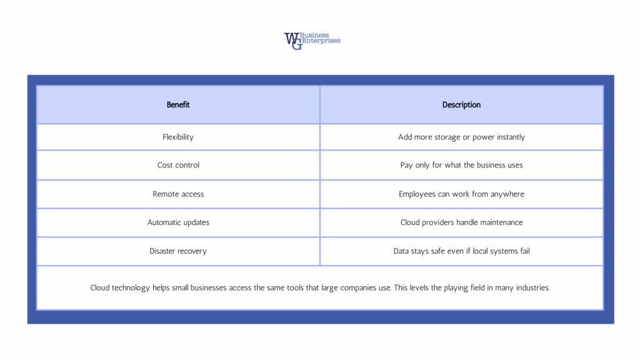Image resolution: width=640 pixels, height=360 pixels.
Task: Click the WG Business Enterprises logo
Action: coord(312,41)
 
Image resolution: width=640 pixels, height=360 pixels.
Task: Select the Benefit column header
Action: coord(178,105)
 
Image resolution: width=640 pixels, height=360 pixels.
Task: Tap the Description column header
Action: coord(461,105)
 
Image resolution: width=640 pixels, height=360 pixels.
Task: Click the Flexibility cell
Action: coord(178,137)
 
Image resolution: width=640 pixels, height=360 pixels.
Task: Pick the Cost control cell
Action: coord(178,165)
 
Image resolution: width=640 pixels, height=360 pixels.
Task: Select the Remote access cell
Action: coord(178,194)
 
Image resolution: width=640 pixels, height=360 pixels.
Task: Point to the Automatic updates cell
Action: coord(178,222)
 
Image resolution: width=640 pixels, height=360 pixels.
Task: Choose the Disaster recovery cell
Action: coord(178,251)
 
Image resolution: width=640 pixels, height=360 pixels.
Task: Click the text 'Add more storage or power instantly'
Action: coord(461,137)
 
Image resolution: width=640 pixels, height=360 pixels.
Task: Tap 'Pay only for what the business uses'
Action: coord(461,165)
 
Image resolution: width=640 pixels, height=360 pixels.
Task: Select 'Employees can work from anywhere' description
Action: coord(461,194)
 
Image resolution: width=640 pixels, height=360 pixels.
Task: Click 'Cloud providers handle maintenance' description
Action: coord(461,222)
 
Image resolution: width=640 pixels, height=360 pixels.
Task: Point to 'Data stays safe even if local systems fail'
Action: coord(461,251)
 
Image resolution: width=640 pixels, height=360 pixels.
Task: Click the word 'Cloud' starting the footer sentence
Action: coord(102,288)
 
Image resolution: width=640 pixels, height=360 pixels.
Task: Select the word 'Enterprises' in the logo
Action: coord(322,41)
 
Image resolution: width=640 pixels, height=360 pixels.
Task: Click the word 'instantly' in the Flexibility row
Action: coord(511,137)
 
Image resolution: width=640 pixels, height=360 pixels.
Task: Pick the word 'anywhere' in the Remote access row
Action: coord(507,194)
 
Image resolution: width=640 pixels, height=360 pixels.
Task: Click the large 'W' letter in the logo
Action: coord(291,38)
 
